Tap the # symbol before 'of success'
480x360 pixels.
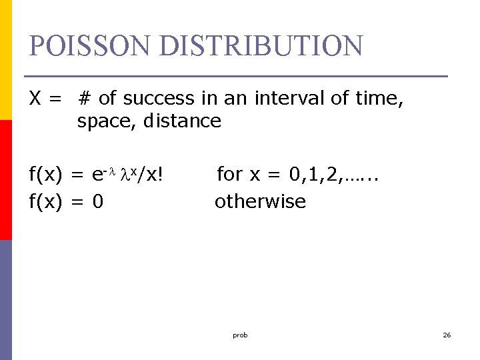[x=85, y=99]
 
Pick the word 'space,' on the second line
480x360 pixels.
[x=105, y=121]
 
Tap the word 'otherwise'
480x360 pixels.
[x=260, y=201]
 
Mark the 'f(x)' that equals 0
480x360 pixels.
[x=45, y=201]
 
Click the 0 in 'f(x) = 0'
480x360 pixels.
[x=97, y=201]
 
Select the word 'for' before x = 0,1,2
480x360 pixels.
[x=230, y=175]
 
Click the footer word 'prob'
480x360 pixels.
[x=240, y=335]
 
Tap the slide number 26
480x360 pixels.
[x=447, y=335]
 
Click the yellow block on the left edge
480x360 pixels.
[x=5, y=60]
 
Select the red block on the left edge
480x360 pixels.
[x=5, y=180]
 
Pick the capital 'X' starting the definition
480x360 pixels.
[x=37, y=99]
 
